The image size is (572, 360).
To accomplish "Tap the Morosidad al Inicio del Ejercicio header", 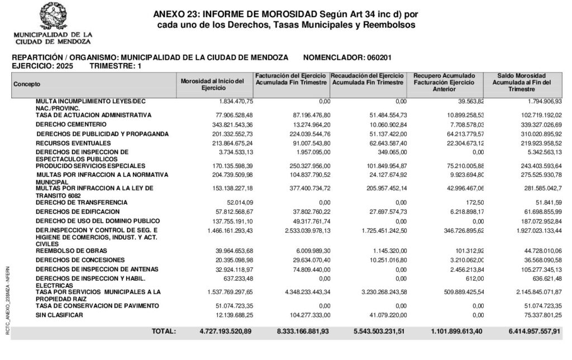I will (213, 84).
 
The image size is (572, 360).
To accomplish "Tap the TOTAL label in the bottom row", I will (164, 332).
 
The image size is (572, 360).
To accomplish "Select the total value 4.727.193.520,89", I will (226, 332).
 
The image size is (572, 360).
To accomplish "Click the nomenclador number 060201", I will (379, 57).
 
